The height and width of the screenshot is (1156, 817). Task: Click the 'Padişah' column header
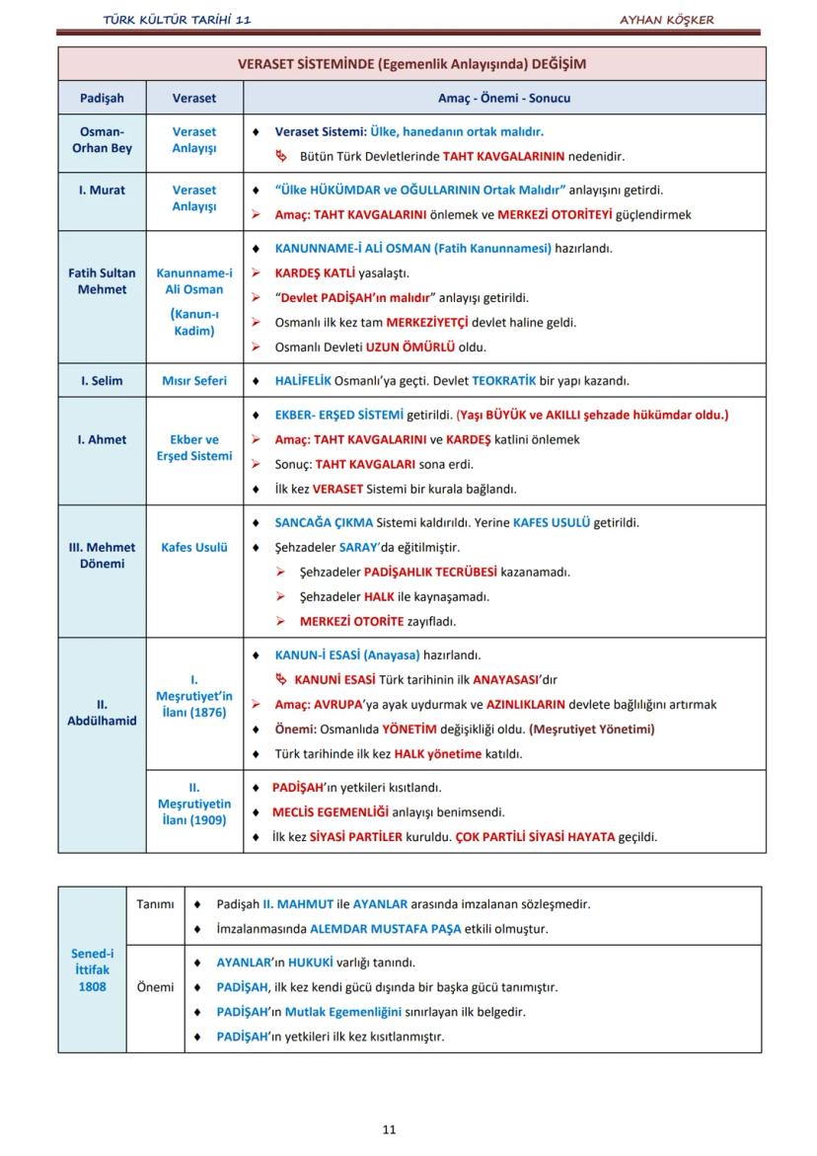102,98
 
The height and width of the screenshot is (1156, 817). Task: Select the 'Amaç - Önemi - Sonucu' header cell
504,98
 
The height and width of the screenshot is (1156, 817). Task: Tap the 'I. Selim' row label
102,380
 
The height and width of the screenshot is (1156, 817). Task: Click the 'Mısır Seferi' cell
194,380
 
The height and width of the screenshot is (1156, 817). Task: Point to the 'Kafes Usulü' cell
194,547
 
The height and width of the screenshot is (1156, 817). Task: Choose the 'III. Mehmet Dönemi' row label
102,555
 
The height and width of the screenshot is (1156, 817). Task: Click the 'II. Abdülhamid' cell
102,712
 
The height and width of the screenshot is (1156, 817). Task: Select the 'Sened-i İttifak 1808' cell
92,969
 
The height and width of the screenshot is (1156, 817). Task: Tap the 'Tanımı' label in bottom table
155,903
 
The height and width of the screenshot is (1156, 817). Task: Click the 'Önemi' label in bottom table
155,986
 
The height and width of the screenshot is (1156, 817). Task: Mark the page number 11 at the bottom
389,1129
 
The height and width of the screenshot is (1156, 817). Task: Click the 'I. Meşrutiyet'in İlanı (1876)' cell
194,696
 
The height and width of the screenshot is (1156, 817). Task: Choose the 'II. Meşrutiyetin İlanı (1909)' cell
194,804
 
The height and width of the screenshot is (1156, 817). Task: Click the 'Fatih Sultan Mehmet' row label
102,280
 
